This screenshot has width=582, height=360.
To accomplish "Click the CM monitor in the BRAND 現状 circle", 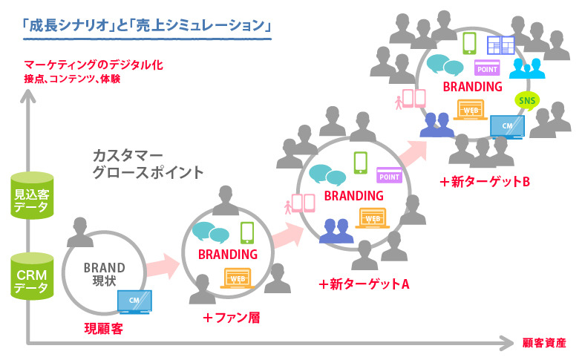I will [134, 301].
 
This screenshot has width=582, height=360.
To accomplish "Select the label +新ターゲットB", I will [483, 180].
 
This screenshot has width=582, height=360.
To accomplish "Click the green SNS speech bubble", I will [526, 102].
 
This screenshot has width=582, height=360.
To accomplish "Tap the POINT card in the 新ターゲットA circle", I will [389, 175].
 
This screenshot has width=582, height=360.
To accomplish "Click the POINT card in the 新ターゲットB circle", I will [487, 68].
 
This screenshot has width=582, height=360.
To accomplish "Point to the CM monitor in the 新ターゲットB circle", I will [507, 127].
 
